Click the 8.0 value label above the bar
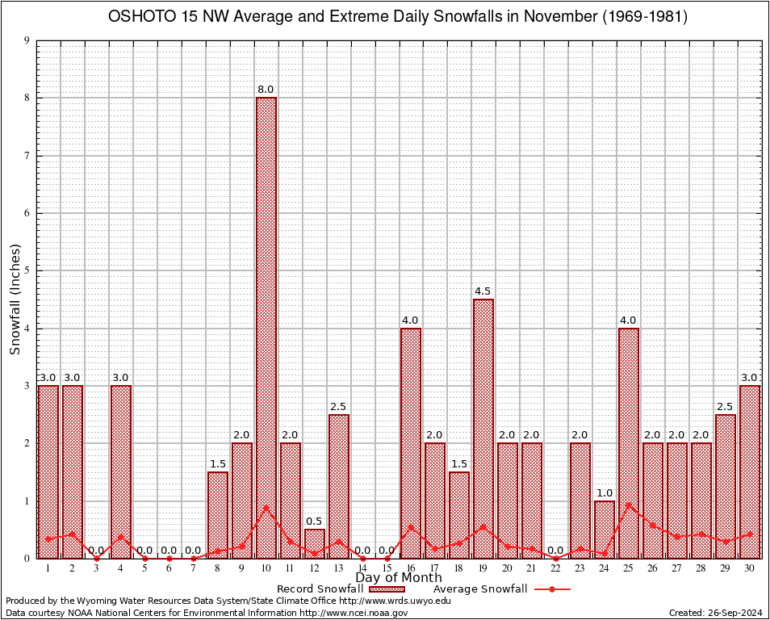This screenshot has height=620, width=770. click(x=266, y=90)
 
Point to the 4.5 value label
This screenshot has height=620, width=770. click(x=483, y=291)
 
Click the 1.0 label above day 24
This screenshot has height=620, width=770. click(x=605, y=493)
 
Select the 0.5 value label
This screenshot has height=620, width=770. click(x=314, y=522)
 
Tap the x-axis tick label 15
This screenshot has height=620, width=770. click(x=387, y=568)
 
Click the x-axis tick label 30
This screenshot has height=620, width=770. click(x=750, y=568)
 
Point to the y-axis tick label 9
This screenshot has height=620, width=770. click(x=27, y=40)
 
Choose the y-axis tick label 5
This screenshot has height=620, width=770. click(x=27, y=271)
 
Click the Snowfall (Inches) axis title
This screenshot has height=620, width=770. click(x=15, y=300)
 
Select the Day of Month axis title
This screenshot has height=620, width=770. click(x=399, y=578)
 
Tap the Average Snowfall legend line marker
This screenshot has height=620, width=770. click(x=552, y=589)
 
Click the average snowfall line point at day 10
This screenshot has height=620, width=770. click(x=266, y=508)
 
